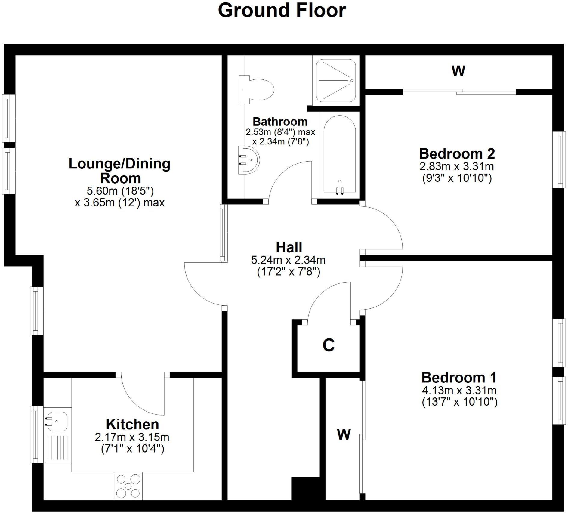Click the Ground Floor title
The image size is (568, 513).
click(282, 11)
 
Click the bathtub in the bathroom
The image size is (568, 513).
click(340, 155)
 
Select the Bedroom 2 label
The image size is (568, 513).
click(457, 154)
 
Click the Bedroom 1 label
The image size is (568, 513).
click(459, 378)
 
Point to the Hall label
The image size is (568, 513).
click(289, 247)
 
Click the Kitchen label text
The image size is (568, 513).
click(132, 424)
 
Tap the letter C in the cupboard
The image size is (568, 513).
click(329, 345)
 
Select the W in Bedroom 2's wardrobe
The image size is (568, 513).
click(458, 71)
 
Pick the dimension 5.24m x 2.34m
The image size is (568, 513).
click(288, 260)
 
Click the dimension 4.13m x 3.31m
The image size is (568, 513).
click(459, 391)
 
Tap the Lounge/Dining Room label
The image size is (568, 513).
click(119, 171)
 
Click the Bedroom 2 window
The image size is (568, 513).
click(560, 159)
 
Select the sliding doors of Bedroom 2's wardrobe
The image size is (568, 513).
click(459, 92)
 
